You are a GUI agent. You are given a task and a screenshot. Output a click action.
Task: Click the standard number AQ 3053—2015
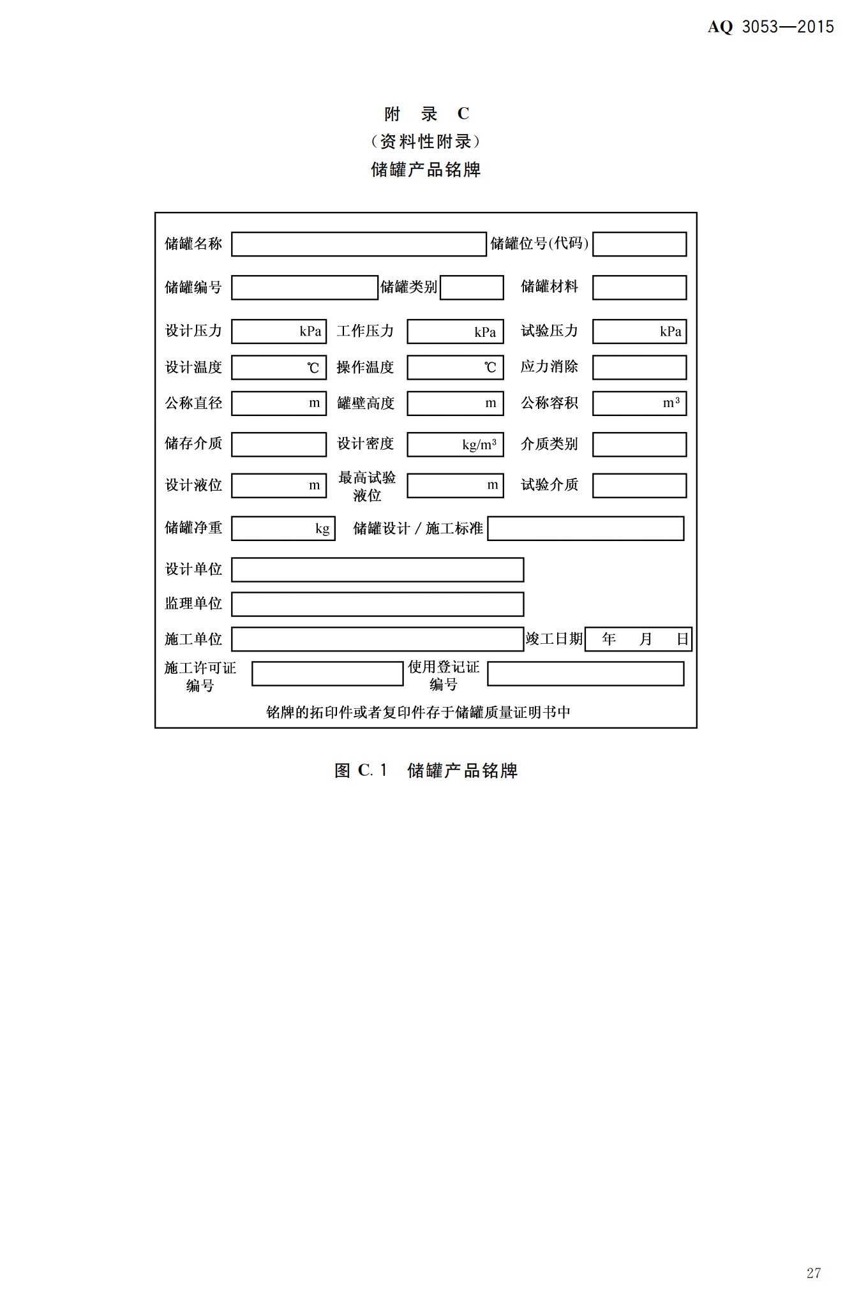770,27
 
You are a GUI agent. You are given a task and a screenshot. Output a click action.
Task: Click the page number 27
813,1273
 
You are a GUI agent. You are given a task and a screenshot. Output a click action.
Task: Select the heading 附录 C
426,114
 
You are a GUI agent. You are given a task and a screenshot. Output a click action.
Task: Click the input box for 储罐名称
359,244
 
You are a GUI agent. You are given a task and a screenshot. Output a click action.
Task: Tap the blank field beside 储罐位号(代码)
639,244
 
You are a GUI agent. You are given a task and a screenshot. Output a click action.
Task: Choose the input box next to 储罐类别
472,288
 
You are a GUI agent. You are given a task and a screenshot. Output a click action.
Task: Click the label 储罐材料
549,287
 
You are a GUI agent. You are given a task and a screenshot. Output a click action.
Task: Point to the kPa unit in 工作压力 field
485,332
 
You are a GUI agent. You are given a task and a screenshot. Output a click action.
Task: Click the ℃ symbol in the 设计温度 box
313,368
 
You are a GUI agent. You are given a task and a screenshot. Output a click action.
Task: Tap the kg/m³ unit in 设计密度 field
479,445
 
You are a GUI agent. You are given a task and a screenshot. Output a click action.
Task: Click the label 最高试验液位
367,486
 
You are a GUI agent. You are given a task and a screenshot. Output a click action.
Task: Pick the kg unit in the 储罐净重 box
322,529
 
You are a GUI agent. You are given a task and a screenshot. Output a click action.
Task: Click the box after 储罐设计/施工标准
585,529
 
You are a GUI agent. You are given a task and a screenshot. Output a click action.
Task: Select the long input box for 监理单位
377,604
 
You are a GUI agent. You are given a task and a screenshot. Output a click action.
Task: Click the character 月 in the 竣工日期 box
646,639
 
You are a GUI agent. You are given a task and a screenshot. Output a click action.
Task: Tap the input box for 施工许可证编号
327,674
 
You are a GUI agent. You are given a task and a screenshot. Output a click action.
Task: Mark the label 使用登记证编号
444,676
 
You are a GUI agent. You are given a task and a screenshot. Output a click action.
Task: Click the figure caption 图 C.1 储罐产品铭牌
426,771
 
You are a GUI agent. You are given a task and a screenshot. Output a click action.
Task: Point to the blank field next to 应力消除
639,368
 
